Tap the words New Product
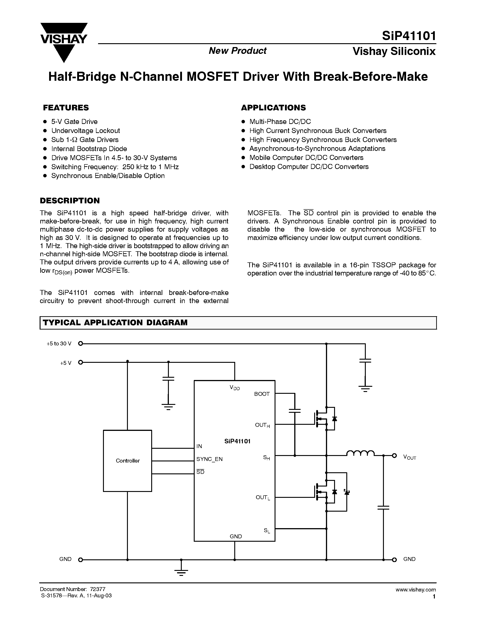click(237, 51)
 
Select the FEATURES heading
click(66, 108)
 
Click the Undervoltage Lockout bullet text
click(86, 131)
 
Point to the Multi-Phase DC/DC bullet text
click(280, 122)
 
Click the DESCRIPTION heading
click(70, 200)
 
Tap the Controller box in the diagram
click(127, 461)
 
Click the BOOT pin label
click(262, 394)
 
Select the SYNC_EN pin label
click(209, 459)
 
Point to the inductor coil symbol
click(360, 453)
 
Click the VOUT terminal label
click(409, 457)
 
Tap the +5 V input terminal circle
click(81, 362)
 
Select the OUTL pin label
click(262, 497)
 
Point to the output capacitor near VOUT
click(383, 507)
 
